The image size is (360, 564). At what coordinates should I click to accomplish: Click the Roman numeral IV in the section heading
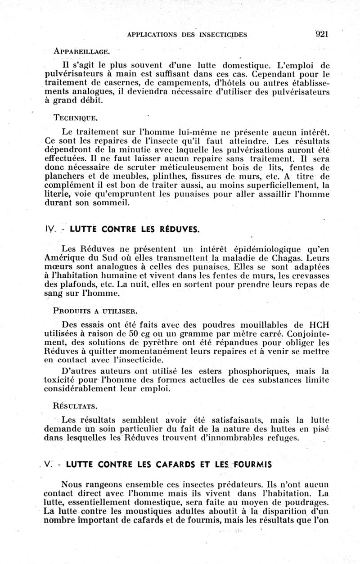(50, 229)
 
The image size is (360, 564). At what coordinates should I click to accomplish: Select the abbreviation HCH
(317, 324)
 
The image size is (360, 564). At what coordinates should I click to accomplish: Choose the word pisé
(320, 429)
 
